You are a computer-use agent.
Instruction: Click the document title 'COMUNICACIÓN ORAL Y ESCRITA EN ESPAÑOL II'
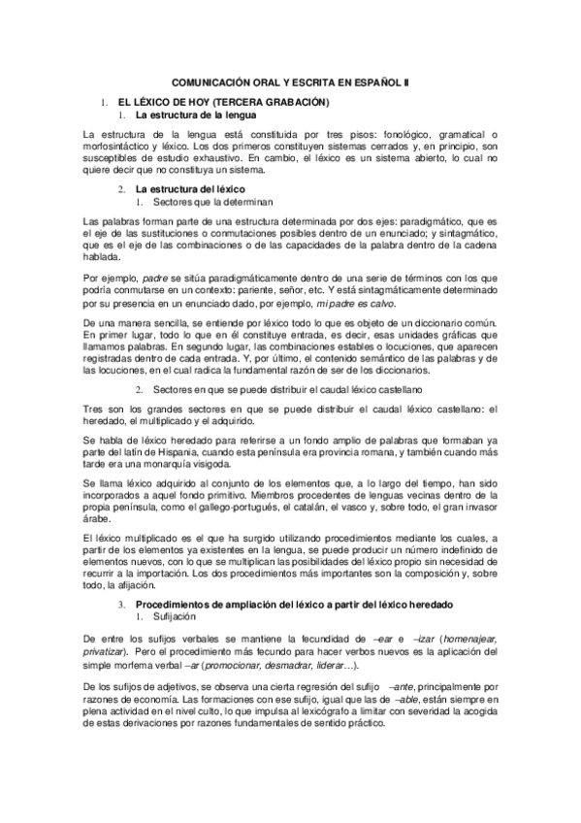coord(290,84)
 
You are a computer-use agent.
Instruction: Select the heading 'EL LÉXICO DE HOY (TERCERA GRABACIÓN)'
coord(223,102)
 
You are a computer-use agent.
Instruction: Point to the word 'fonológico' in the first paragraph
coord(391,133)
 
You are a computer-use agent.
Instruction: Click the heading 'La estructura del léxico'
coord(191,186)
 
